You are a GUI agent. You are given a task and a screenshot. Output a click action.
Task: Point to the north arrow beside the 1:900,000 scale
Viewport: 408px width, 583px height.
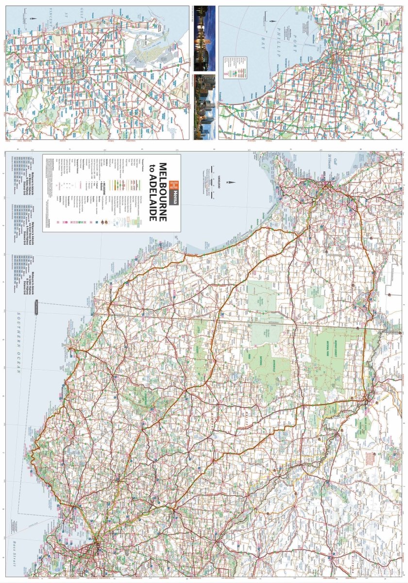234,183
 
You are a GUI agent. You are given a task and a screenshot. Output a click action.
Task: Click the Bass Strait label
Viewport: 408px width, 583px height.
15,549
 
